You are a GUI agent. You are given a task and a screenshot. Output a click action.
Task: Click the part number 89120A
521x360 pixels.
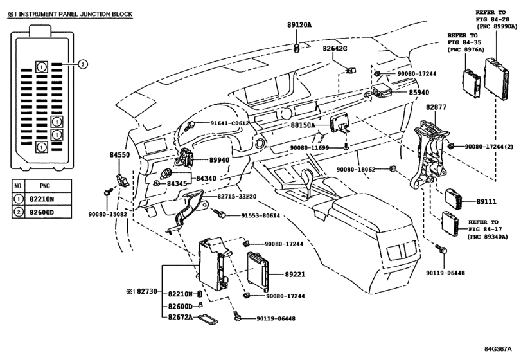point(299,25)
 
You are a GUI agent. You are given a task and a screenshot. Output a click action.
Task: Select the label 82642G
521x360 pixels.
point(335,48)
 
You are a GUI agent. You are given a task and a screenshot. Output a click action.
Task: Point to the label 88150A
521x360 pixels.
point(303,125)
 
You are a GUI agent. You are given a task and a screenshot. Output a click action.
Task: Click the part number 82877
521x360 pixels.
point(436,107)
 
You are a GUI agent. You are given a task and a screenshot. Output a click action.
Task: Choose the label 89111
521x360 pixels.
point(486,201)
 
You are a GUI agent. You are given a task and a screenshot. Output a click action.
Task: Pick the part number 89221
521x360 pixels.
point(295,274)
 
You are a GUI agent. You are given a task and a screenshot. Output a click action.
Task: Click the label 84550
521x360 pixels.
point(119,154)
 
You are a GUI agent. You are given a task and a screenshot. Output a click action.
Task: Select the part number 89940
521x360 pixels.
point(219,160)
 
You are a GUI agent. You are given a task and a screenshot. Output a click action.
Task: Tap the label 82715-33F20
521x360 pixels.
point(237,197)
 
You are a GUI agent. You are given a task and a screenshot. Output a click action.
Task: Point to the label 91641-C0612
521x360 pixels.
point(229,123)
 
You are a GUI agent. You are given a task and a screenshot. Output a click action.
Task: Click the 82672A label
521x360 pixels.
point(180,317)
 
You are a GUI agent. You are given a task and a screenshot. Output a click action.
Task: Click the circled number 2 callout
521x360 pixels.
point(83,64)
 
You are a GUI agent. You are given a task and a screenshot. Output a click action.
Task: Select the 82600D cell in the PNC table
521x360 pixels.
point(42,212)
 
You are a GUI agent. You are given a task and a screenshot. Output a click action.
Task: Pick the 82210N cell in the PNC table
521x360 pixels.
point(42,199)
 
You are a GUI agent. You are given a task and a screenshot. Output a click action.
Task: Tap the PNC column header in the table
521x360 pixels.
point(44,186)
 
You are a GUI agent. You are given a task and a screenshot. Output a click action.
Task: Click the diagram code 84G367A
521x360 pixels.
point(497,349)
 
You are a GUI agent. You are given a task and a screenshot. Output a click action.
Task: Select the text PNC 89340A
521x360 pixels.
point(490,237)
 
